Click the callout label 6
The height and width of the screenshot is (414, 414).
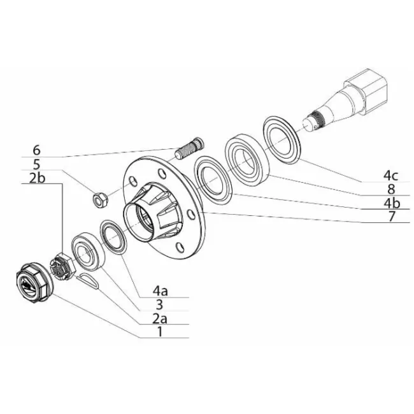[x=37, y=150]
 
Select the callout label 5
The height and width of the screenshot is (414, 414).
[x=36, y=164]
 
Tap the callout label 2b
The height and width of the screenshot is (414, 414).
[x=37, y=178]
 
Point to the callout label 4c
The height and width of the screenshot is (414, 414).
[x=391, y=175]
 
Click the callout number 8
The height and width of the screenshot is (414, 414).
[x=391, y=189]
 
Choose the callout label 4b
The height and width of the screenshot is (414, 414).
[x=392, y=203]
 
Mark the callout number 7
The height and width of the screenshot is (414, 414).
[x=392, y=217]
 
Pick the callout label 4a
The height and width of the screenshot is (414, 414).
[x=161, y=291]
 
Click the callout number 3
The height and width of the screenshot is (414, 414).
[x=159, y=304]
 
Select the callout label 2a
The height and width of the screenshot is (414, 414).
[x=160, y=318]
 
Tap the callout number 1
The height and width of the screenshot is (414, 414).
[x=159, y=332]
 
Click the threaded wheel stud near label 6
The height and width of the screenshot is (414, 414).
[x=189, y=148]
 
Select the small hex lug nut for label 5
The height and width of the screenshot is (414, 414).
[x=101, y=200]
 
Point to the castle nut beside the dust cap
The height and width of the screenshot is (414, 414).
[x=63, y=266]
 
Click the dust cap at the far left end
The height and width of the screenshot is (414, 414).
[x=34, y=283]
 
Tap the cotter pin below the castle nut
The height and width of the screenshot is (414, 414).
[x=88, y=281]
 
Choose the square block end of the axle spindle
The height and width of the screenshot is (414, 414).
[x=367, y=91]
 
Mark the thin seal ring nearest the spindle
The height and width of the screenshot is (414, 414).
[x=282, y=139]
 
